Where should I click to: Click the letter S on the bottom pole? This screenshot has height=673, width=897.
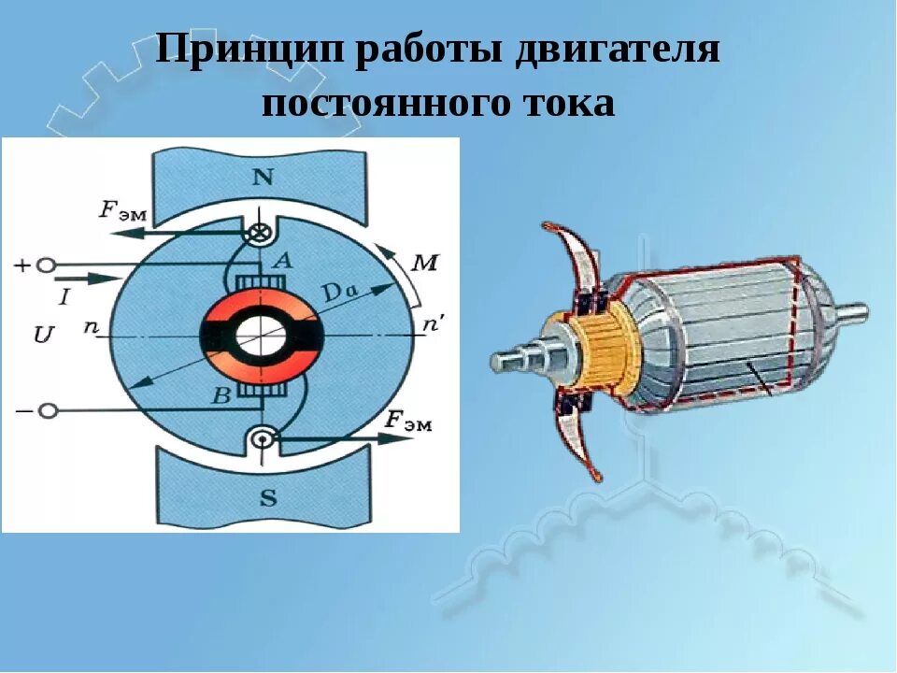[268, 498]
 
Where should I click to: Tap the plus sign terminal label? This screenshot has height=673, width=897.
[21, 265]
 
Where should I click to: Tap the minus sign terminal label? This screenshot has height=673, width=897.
[21, 410]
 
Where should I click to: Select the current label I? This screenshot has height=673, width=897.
[64, 297]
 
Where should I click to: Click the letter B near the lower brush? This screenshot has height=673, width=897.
[221, 397]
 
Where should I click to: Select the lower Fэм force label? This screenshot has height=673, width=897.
[408, 420]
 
